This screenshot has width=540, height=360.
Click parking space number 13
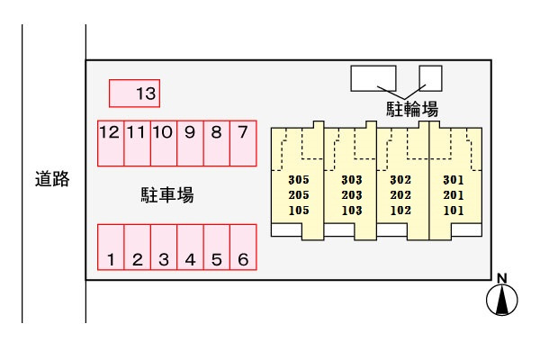click(134, 94)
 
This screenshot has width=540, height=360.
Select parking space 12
click(111, 143)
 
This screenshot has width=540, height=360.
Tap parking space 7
click(243, 143)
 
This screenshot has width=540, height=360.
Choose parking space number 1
click(111, 247)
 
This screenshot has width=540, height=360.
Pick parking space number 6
click(243, 247)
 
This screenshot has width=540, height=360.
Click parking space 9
click(190, 143)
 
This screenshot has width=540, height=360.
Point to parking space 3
click(164, 247)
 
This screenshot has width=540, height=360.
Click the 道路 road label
click(52, 179)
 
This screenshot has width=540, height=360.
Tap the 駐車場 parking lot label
click(167, 195)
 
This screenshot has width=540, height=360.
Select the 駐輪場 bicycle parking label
click(412, 109)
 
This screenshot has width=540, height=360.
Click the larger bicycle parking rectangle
click(373, 78)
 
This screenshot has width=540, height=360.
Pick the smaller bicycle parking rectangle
click(430, 78)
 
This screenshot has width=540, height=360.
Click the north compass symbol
click(502, 300)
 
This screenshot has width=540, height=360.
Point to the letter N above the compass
click(502, 278)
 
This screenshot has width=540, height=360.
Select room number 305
click(299, 179)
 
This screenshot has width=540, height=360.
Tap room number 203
click(352, 195)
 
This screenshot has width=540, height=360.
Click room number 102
click(400, 210)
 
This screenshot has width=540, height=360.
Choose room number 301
click(454, 179)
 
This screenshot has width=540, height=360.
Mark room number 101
click(454, 210)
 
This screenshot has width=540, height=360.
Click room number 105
click(299, 210)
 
